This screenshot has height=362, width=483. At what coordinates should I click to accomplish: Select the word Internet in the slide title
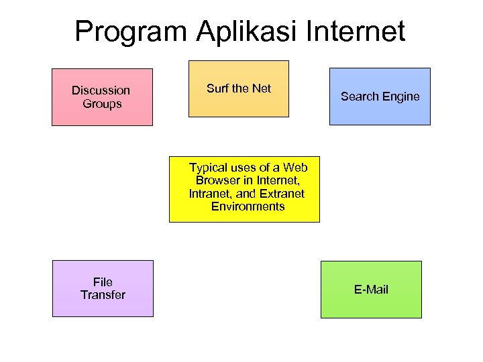358,32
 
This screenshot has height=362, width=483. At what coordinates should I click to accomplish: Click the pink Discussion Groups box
102,97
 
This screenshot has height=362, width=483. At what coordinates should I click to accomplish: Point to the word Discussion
101,90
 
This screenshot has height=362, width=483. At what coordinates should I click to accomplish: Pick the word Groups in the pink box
102,104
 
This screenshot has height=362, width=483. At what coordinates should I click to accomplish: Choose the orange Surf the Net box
238,88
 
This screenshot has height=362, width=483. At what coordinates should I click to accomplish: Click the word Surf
217,88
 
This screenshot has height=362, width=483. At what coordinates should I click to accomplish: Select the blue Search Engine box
380,96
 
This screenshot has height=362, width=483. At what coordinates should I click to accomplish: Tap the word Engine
401,97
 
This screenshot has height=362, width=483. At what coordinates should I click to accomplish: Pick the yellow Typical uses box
244,190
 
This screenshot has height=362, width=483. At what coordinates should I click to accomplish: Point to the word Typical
209,167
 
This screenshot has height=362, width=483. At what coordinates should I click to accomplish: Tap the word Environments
248,206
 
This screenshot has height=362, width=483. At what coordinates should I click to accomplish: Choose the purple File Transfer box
103,288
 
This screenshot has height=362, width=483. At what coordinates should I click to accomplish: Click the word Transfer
103,295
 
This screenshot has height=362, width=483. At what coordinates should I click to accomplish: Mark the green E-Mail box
371,290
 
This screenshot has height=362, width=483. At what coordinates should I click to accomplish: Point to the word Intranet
212,194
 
